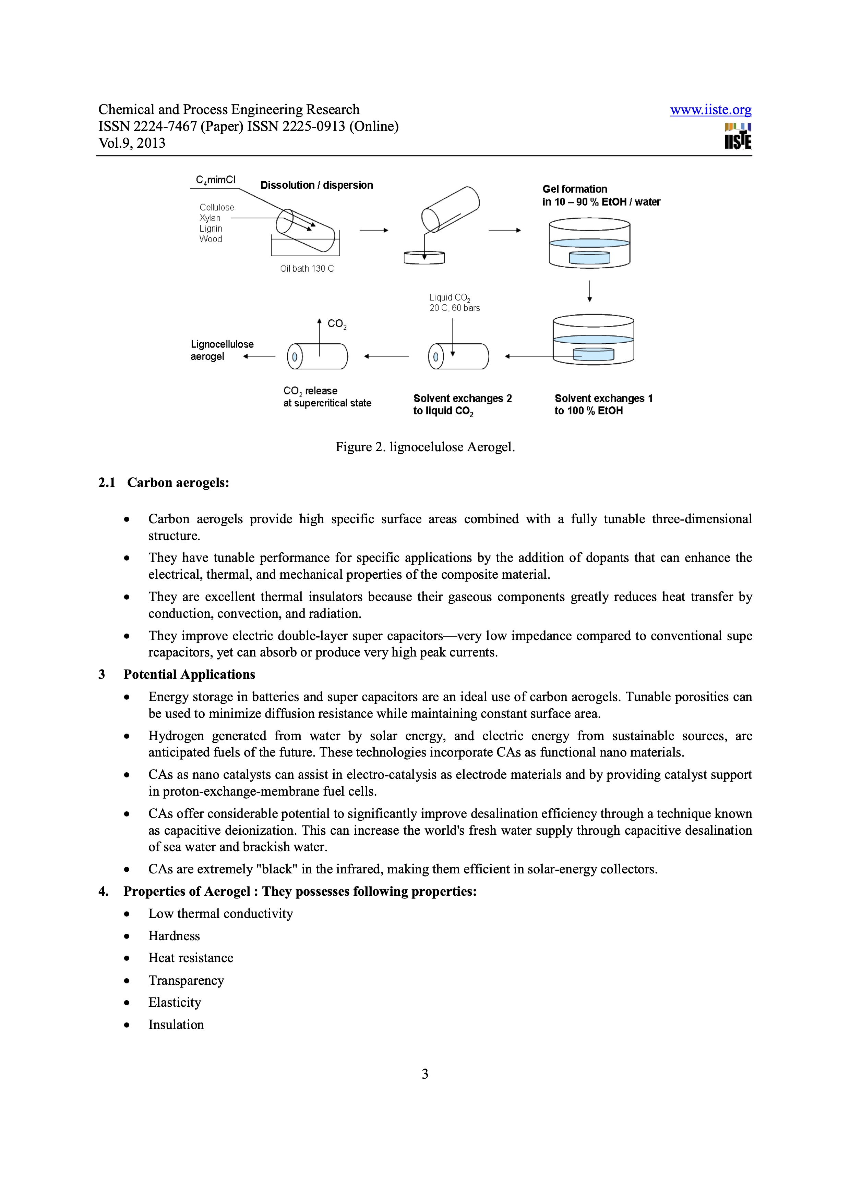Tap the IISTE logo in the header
tap(738, 137)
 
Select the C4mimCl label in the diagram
tap(215, 180)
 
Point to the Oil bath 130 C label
tap(307, 269)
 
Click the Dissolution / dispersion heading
tap(316, 185)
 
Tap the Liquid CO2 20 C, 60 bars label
tap(454, 303)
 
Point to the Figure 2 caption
tap(425, 447)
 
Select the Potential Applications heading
tap(189, 674)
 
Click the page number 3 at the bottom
tap(425, 1074)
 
